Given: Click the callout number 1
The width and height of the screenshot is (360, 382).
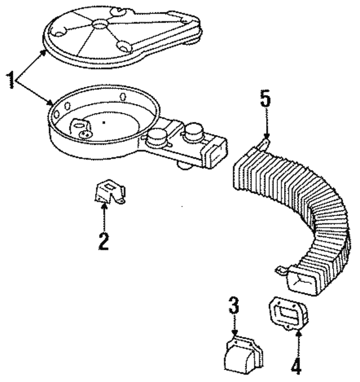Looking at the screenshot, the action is tap(11, 80).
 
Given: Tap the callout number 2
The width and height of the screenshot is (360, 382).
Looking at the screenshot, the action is tap(103, 241).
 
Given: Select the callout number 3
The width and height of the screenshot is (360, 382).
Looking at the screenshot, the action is tap(234, 305).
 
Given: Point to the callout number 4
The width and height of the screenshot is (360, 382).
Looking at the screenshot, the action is tap(296, 366).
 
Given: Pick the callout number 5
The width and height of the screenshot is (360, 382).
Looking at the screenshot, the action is tap(265, 98).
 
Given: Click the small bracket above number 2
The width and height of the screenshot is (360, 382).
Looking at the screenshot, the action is tap(110, 192).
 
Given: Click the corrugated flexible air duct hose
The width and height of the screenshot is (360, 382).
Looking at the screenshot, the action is tap(300, 212).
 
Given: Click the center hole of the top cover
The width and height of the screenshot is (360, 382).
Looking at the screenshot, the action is tap(100, 24).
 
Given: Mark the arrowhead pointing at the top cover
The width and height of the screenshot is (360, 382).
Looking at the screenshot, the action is tap(44, 53).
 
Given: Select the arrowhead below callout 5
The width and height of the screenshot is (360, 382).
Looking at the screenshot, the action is tap(267, 136).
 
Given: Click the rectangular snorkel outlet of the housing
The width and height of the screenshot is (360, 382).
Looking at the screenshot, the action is tap(215, 153).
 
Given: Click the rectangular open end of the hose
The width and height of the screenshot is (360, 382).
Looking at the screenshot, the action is tap(301, 280).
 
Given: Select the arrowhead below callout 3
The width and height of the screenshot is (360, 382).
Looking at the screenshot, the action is tap(235, 333).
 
